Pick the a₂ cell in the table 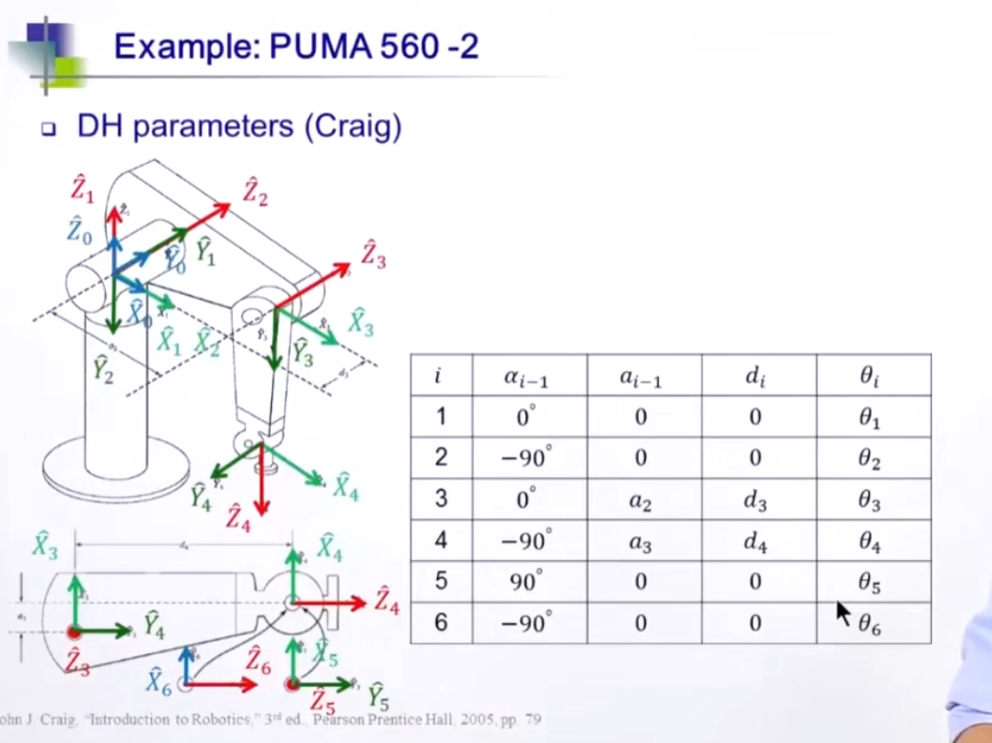(641, 500)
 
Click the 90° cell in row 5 (526, 582)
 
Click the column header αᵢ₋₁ (526, 376)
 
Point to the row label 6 (440, 623)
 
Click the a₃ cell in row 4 (641, 541)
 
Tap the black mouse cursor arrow (842, 612)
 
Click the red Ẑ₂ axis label (255, 191)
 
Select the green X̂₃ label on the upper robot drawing (360, 322)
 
